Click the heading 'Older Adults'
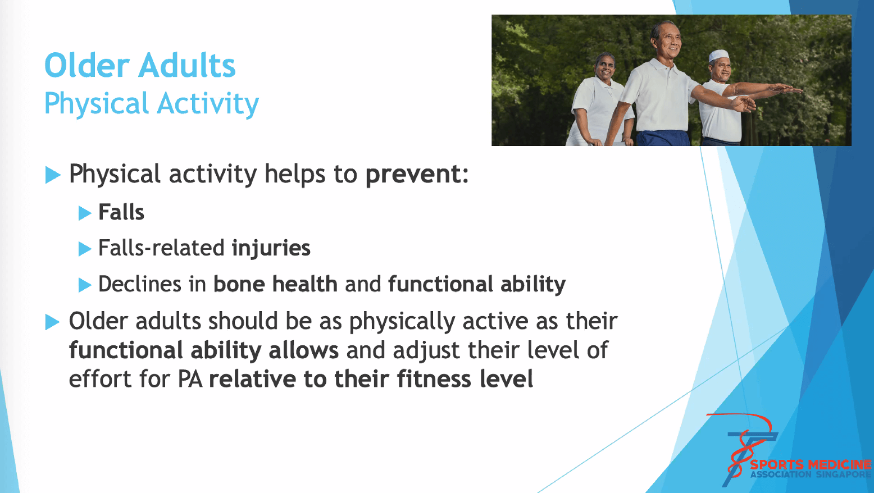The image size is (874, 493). click(140, 65)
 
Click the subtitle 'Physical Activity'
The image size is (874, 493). click(152, 104)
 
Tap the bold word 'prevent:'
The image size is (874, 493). click(417, 174)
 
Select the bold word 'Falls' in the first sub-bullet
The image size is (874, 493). click(121, 212)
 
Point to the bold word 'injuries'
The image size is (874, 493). click(271, 248)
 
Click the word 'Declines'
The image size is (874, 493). click(140, 284)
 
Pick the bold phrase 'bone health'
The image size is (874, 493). click(275, 284)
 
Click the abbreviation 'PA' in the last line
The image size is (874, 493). click(190, 378)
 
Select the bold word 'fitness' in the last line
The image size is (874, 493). click(434, 378)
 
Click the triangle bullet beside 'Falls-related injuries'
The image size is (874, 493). click(85, 249)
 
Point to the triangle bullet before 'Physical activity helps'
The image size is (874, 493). click(53, 175)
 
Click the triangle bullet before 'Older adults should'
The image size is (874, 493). click(53, 322)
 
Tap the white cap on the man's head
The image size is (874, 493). click(719, 56)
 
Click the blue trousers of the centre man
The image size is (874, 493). click(663, 138)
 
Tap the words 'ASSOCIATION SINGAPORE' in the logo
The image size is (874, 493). click(811, 474)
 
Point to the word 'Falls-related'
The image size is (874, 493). click(162, 248)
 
